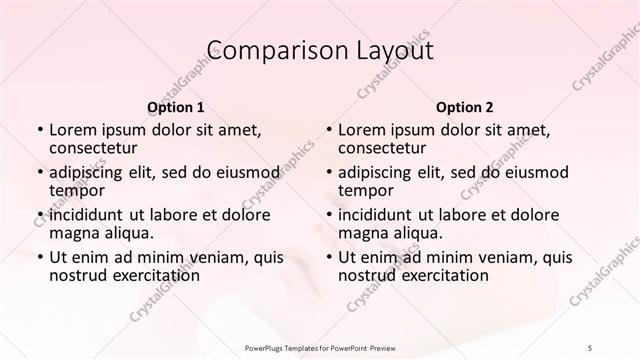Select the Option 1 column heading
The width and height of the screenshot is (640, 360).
pyautogui.click(x=175, y=105)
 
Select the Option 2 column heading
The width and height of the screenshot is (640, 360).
pyautogui.click(x=465, y=105)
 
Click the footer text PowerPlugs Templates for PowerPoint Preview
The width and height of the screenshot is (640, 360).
pyautogui.click(x=320, y=347)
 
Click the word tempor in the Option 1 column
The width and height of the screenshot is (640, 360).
pyautogui.click(x=77, y=191)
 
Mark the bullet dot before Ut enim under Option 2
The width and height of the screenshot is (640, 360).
pyautogui.click(x=328, y=257)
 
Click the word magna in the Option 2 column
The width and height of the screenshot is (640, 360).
pyautogui.click(x=363, y=233)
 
